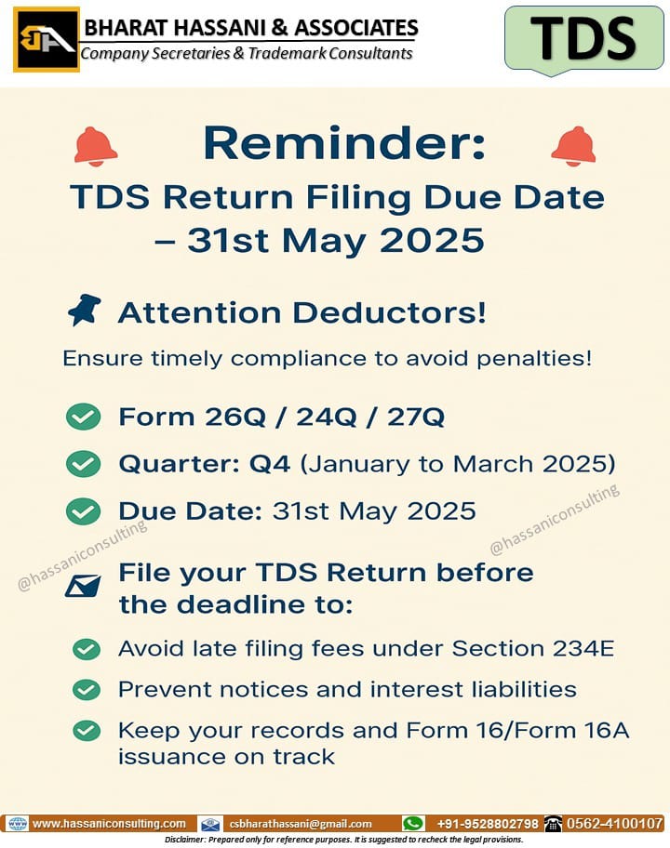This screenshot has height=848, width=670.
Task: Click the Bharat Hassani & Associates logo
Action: coord(47,39)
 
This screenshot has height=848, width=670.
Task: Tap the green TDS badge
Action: coord(584,39)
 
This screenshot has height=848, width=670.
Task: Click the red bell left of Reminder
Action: coord(95,147)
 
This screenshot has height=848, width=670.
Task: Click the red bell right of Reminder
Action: coord(573,147)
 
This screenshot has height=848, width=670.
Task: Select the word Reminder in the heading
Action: coord(344,143)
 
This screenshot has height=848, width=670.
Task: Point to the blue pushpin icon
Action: coord(85,310)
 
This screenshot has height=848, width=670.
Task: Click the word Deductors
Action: coord(390,312)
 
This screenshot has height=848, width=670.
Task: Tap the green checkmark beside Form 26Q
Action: coord(83,417)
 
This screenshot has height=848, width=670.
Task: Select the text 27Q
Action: coord(416,417)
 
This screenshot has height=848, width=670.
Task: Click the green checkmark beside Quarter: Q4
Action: coord(83,464)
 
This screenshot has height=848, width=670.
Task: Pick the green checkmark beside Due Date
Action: coord(83,511)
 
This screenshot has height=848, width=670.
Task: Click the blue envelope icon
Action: coord(83,586)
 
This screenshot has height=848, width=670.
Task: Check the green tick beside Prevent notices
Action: coord(86,690)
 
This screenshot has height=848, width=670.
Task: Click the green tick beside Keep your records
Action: coord(86,731)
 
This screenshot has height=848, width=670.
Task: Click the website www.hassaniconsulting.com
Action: coord(109,824)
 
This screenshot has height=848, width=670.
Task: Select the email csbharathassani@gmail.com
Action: coord(301,824)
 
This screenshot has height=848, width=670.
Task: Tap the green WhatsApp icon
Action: coord(413,824)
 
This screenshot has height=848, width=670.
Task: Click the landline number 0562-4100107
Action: coord(614,824)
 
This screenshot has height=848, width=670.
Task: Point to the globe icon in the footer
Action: coord(18,824)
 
